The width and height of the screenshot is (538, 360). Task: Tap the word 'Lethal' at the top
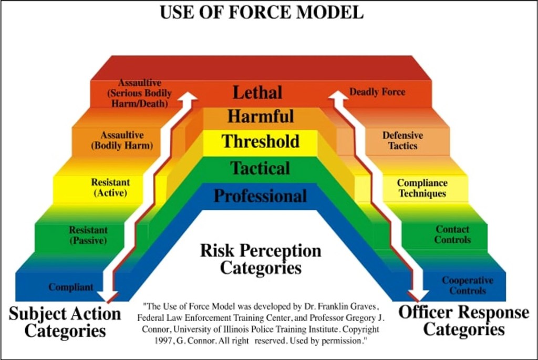coord(257,92)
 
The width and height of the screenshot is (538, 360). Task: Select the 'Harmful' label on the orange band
coord(261,116)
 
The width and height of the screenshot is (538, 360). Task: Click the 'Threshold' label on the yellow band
coord(261,141)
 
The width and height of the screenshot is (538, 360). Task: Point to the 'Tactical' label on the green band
coord(261,169)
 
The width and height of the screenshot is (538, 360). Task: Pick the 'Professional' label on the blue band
coord(260,196)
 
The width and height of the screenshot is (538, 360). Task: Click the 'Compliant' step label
coord(71,287)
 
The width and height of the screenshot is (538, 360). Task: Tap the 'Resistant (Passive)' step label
coord(88,235)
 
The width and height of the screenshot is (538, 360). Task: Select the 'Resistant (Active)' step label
coord(110,188)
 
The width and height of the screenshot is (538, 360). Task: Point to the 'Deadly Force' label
coord(377,92)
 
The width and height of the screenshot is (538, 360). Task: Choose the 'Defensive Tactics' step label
coord(402,140)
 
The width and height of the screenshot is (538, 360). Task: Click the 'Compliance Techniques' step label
coord(422,188)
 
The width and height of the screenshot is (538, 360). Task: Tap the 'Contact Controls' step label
coord(453,234)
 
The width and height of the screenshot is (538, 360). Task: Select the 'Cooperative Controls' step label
coord(468,285)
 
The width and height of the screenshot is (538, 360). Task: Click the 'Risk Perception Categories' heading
coord(261,259)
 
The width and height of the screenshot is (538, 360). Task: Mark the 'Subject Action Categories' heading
coord(65,322)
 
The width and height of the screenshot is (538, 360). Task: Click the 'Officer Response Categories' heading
coord(464,321)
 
